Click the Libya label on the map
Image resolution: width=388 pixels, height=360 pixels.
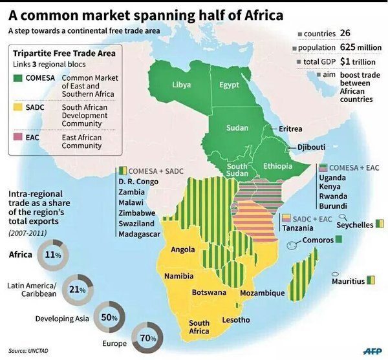(x=181, y=85)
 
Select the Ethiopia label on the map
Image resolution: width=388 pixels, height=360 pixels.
(x=279, y=167)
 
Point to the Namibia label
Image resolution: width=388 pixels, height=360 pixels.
(x=178, y=276)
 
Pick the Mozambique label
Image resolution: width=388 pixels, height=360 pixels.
(x=262, y=293)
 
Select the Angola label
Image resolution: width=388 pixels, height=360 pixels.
(x=183, y=250)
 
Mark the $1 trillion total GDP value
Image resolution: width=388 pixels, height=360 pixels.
(x=360, y=61)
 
